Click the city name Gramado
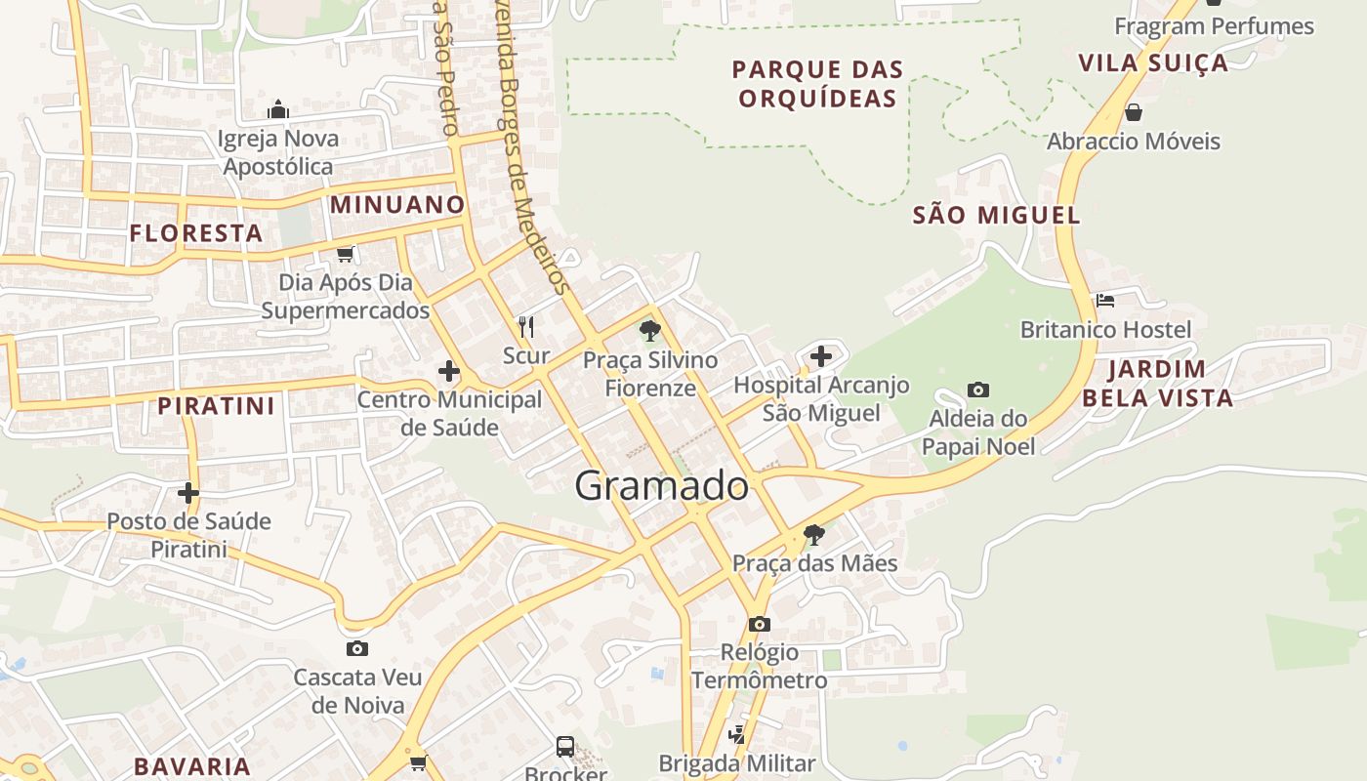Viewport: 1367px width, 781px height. point(661,485)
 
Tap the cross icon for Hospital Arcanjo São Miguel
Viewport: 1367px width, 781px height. point(821,355)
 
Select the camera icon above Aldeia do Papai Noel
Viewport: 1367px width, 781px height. point(977,390)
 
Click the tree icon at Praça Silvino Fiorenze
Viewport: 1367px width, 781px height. point(649,331)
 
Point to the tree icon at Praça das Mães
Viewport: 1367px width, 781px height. point(813,535)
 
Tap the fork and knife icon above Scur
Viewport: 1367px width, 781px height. point(526,326)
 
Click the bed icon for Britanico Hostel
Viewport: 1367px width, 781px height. point(1105,300)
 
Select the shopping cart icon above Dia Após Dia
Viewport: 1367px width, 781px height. point(345,255)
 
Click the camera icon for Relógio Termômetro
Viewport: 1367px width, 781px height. point(759,624)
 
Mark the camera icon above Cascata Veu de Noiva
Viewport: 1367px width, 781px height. point(357,648)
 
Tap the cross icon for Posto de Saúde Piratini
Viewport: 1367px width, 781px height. point(188,493)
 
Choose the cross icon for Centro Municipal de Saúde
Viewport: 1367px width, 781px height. point(449,371)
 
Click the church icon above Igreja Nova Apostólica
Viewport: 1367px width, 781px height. point(278,108)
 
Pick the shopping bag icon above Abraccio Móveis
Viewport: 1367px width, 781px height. point(1134,112)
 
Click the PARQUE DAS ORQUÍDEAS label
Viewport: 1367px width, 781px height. point(817,84)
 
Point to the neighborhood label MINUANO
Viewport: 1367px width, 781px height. point(397,205)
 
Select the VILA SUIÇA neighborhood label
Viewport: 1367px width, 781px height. point(1153,63)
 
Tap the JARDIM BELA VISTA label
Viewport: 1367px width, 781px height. point(1157,384)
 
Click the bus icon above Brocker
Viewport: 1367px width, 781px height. point(565,747)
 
